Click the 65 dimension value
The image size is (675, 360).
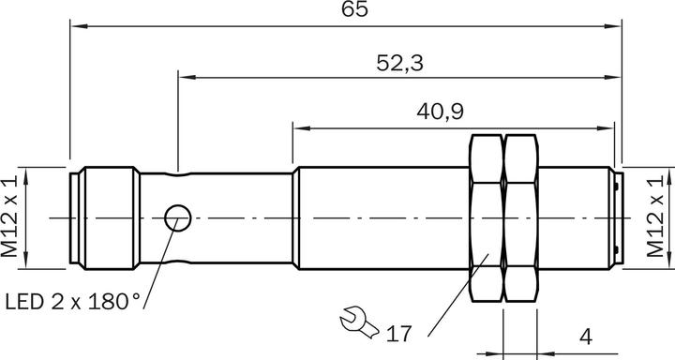point(354,8)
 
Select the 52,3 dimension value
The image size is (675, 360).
point(399,63)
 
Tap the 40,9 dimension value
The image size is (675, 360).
point(440,112)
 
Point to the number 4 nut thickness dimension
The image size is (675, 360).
point(586,337)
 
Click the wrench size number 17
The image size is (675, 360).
point(398,334)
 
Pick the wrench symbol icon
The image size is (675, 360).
point(358,322)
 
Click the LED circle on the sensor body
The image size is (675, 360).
point(178,217)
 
